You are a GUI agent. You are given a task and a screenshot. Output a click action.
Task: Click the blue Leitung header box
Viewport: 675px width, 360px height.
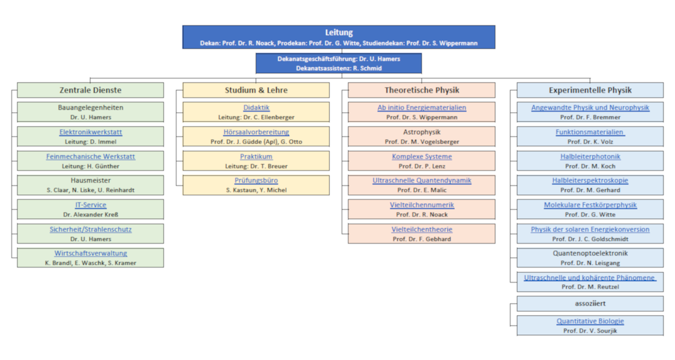click(339, 37)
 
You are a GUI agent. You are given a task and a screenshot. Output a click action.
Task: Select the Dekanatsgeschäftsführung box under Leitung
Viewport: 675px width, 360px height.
click(338, 63)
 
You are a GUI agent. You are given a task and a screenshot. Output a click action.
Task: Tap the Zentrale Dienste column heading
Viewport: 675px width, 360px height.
click(90, 90)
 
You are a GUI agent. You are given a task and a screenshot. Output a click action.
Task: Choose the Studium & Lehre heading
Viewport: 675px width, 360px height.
click(256, 90)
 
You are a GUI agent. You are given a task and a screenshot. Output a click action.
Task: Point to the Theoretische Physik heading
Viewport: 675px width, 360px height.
click(422, 90)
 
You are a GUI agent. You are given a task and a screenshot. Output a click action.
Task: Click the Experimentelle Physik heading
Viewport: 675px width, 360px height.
click(590, 90)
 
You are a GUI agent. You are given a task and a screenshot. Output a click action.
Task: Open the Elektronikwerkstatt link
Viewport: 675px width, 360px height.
click(91, 132)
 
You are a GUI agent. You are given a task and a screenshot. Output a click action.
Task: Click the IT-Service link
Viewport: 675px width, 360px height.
click(91, 205)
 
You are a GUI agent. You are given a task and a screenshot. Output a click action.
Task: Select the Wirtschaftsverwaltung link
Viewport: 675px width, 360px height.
click(91, 253)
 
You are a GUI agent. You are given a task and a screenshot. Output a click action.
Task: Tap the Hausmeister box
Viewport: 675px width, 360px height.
click(91, 185)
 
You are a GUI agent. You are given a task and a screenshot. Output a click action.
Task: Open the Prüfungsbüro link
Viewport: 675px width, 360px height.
click(256, 180)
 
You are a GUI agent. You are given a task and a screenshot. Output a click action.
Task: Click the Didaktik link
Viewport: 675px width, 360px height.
click(256, 107)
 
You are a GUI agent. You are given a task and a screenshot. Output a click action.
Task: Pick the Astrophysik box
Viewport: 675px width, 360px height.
click(422, 136)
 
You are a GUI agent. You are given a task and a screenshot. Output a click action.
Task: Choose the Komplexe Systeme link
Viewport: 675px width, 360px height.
click(422, 156)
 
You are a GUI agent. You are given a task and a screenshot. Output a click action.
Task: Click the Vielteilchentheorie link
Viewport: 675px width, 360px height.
click(422, 229)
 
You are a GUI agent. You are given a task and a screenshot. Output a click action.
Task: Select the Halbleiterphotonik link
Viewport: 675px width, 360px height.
click(590, 156)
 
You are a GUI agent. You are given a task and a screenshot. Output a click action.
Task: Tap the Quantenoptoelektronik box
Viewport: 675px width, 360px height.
click(590, 257)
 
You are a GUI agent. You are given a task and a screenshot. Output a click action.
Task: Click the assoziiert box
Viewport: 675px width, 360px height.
click(590, 303)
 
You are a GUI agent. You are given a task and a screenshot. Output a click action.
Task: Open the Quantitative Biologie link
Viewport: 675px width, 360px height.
click(590, 321)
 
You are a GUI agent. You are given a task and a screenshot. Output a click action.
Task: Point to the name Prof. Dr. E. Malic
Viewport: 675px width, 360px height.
click(422, 190)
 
